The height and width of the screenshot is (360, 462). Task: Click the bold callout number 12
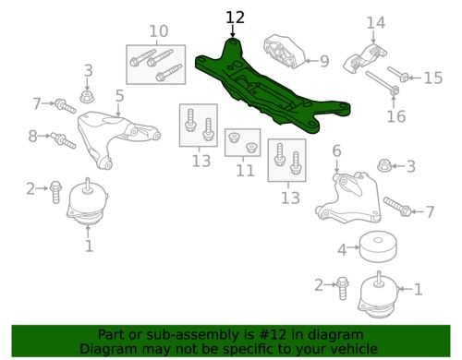point(236,18)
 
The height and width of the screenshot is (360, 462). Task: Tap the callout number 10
point(159,31)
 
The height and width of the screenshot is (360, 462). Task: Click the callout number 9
point(324,61)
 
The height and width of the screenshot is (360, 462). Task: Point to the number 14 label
point(376,23)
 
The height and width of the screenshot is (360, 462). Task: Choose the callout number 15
point(433,78)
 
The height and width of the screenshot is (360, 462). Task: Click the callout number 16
point(396,116)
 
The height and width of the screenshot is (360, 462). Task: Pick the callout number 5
point(119,96)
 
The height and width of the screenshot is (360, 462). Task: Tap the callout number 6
point(336,150)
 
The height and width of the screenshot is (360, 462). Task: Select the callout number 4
point(342,250)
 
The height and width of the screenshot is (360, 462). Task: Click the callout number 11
point(245,171)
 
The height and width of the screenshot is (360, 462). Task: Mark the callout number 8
point(32,136)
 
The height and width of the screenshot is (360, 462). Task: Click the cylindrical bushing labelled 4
point(378,246)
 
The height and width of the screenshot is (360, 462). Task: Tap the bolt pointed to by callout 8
point(63,140)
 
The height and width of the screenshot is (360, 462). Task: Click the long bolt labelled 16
point(383,83)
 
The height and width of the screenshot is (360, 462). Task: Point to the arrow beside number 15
point(416,78)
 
